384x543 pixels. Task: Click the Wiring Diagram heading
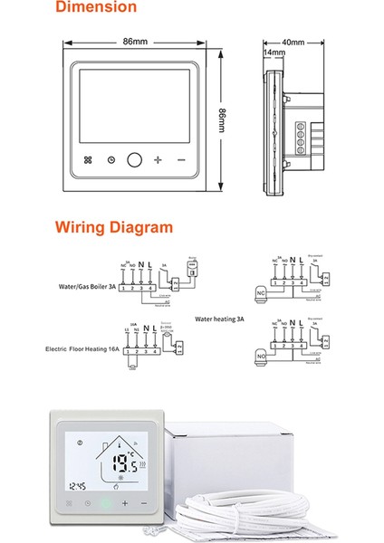(113, 227)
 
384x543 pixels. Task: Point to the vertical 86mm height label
(223, 118)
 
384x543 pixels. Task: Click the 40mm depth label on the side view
(293, 43)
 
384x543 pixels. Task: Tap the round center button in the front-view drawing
(135, 160)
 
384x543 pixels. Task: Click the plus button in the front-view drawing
(158, 160)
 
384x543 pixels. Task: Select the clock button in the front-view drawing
(110, 160)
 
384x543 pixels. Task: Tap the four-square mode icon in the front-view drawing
(88, 160)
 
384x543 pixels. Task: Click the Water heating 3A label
(221, 319)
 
